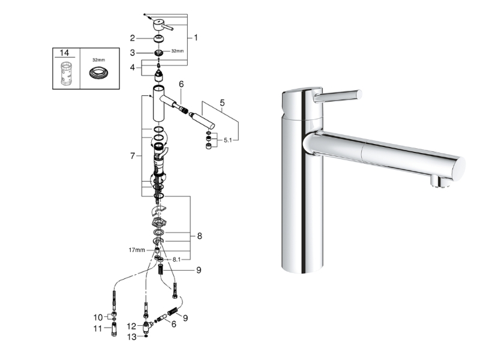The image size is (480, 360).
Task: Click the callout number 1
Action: [x=196, y=38]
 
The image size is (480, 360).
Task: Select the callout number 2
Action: [x=132, y=38]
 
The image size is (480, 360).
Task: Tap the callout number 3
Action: [x=132, y=53]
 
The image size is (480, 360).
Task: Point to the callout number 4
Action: [x=132, y=67]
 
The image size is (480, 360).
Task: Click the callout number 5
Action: [x=222, y=103]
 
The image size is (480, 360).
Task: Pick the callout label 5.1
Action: [x=228, y=140]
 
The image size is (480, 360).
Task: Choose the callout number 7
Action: [x=132, y=156]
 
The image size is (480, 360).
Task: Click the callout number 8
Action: [x=200, y=236]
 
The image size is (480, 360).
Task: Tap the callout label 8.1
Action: [x=176, y=259]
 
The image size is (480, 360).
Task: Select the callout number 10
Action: [x=98, y=317]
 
